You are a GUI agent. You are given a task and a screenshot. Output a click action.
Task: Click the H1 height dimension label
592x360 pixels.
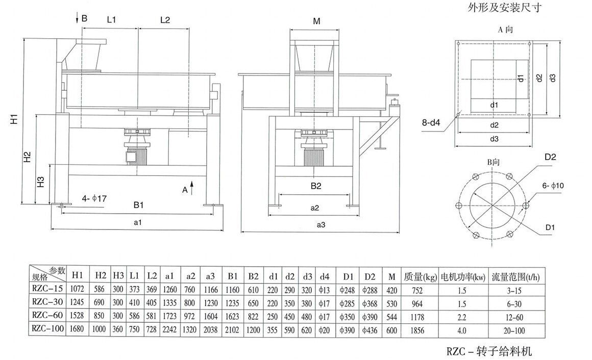click(x=15, y=120)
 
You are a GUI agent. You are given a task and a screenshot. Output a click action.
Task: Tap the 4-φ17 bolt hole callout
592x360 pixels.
click(x=95, y=197)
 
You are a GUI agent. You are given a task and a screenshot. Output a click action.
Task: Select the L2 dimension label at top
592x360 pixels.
click(x=165, y=20)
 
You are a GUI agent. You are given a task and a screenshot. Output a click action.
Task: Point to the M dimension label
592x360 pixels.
click(x=316, y=21)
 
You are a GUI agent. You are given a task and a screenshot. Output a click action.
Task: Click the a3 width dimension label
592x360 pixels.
click(x=321, y=224)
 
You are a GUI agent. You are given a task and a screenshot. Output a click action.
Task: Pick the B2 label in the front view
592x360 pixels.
click(x=316, y=186)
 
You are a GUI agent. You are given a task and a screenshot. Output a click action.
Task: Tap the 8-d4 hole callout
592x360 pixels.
click(x=432, y=122)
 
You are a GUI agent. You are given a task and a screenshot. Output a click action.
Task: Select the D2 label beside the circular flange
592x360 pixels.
click(x=550, y=156)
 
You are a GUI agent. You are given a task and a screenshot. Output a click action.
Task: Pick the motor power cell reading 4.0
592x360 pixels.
click(x=461, y=330)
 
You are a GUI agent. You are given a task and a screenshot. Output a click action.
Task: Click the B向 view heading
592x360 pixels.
click(x=494, y=162)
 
